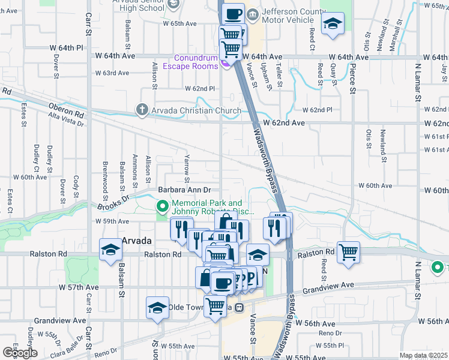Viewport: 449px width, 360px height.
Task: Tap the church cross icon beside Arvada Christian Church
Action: pos(142,110)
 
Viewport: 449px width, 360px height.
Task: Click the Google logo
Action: pos(20,353)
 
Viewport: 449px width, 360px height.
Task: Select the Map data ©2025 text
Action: pos(423,355)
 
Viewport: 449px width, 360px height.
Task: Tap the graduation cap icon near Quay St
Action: pos(332,24)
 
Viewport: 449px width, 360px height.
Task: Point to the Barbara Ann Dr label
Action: pos(185,190)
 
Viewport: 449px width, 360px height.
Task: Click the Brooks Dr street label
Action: pos(114,201)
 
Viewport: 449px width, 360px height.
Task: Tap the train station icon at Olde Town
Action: pos(239,307)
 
